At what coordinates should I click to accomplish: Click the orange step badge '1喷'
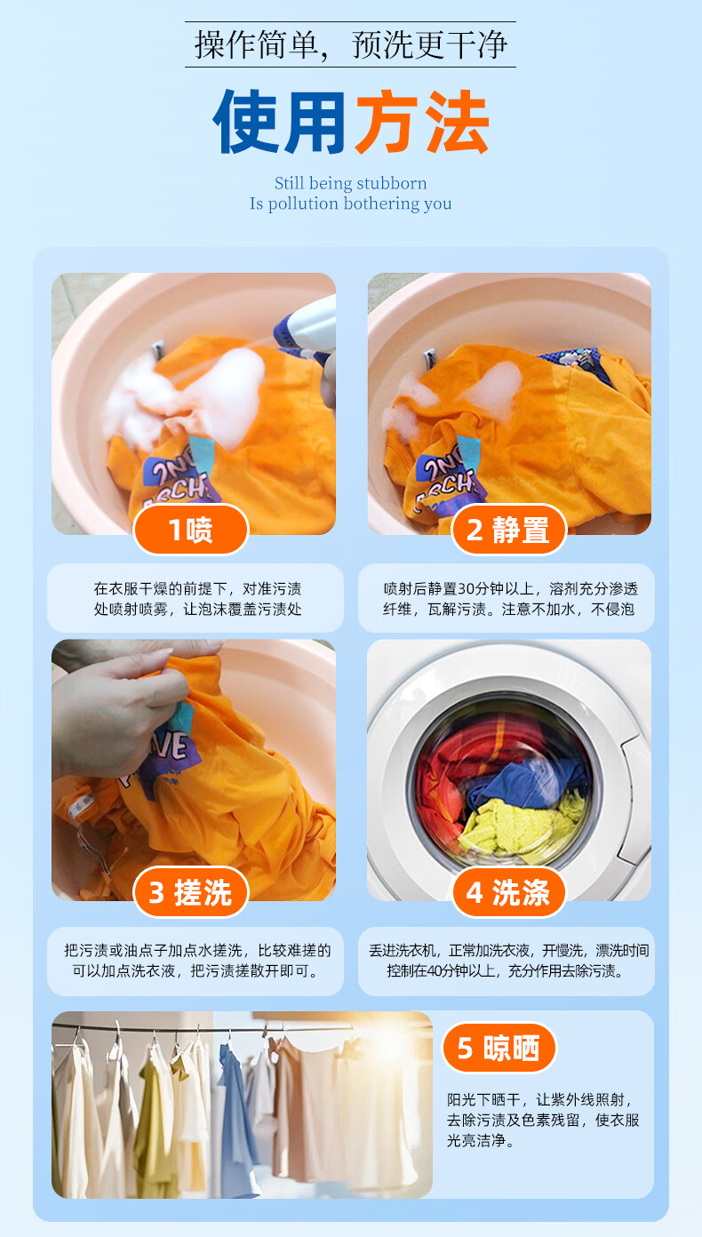click(191, 530)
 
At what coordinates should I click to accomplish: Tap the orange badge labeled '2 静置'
click(508, 530)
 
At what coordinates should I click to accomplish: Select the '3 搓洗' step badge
click(191, 892)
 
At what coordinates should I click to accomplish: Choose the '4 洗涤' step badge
click(508, 892)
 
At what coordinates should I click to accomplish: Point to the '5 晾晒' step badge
click(499, 1048)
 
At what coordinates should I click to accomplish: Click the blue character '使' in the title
click(246, 122)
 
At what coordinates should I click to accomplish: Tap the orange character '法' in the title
click(457, 122)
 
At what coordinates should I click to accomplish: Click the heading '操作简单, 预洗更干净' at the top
click(351, 44)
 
